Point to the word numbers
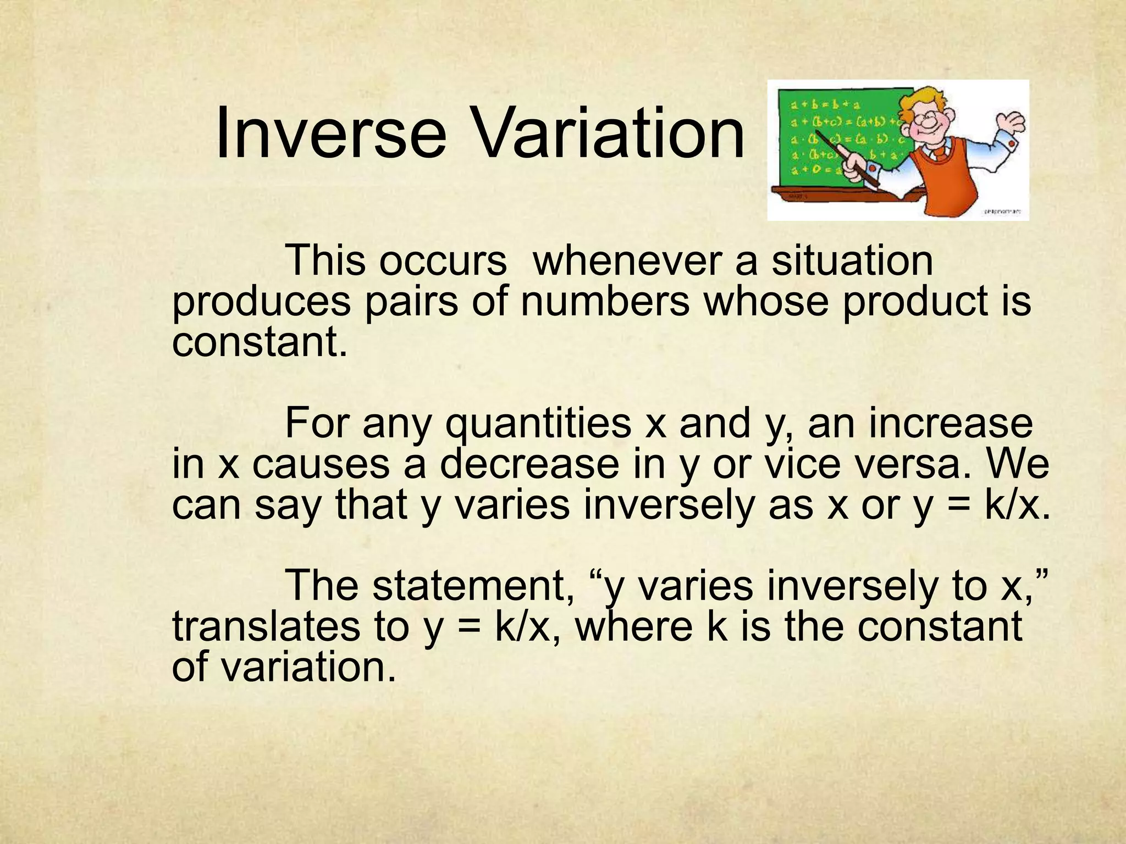pyautogui.click(x=604, y=302)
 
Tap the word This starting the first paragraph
pyautogui.click(x=325, y=260)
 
